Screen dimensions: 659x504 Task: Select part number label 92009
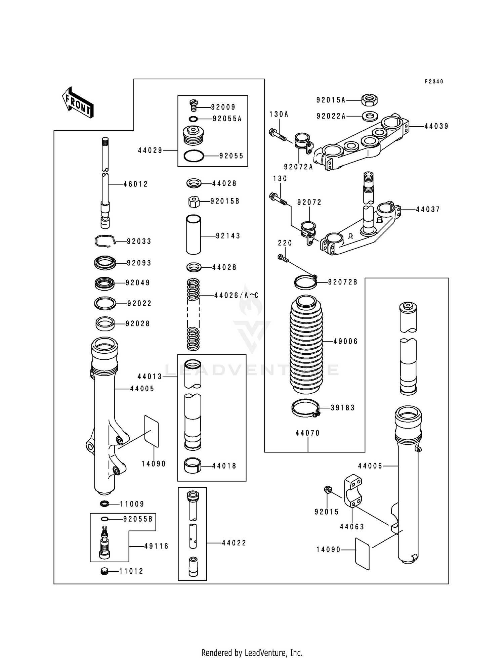(x=223, y=107)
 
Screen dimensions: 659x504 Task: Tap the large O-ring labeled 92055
(x=194, y=156)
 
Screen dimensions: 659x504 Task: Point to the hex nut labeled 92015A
(x=370, y=99)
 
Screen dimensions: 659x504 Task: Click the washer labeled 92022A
(x=370, y=116)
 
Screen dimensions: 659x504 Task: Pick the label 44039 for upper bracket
(x=436, y=126)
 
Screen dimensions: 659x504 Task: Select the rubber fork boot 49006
(x=306, y=344)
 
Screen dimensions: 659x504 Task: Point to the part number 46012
(x=136, y=184)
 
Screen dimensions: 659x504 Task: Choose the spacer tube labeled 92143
(x=193, y=235)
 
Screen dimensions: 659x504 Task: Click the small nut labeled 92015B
(x=194, y=202)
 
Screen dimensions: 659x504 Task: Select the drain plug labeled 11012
(x=104, y=571)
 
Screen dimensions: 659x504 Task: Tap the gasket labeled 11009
(x=104, y=504)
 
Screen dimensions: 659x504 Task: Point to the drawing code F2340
(x=434, y=82)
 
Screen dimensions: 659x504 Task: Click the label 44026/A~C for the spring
(x=236, y=295)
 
